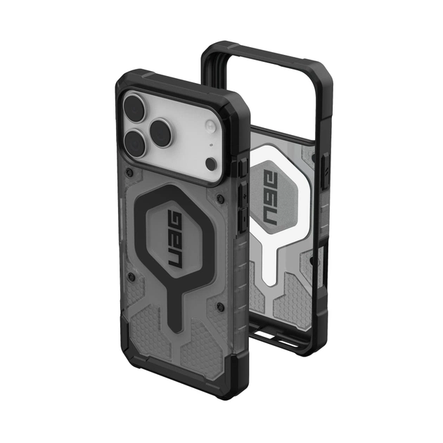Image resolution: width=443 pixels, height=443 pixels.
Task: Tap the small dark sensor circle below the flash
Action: [210, 164]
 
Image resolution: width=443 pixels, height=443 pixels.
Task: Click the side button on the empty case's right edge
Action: [324, 169]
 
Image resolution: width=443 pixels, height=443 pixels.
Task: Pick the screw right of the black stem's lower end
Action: [220, 307]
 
